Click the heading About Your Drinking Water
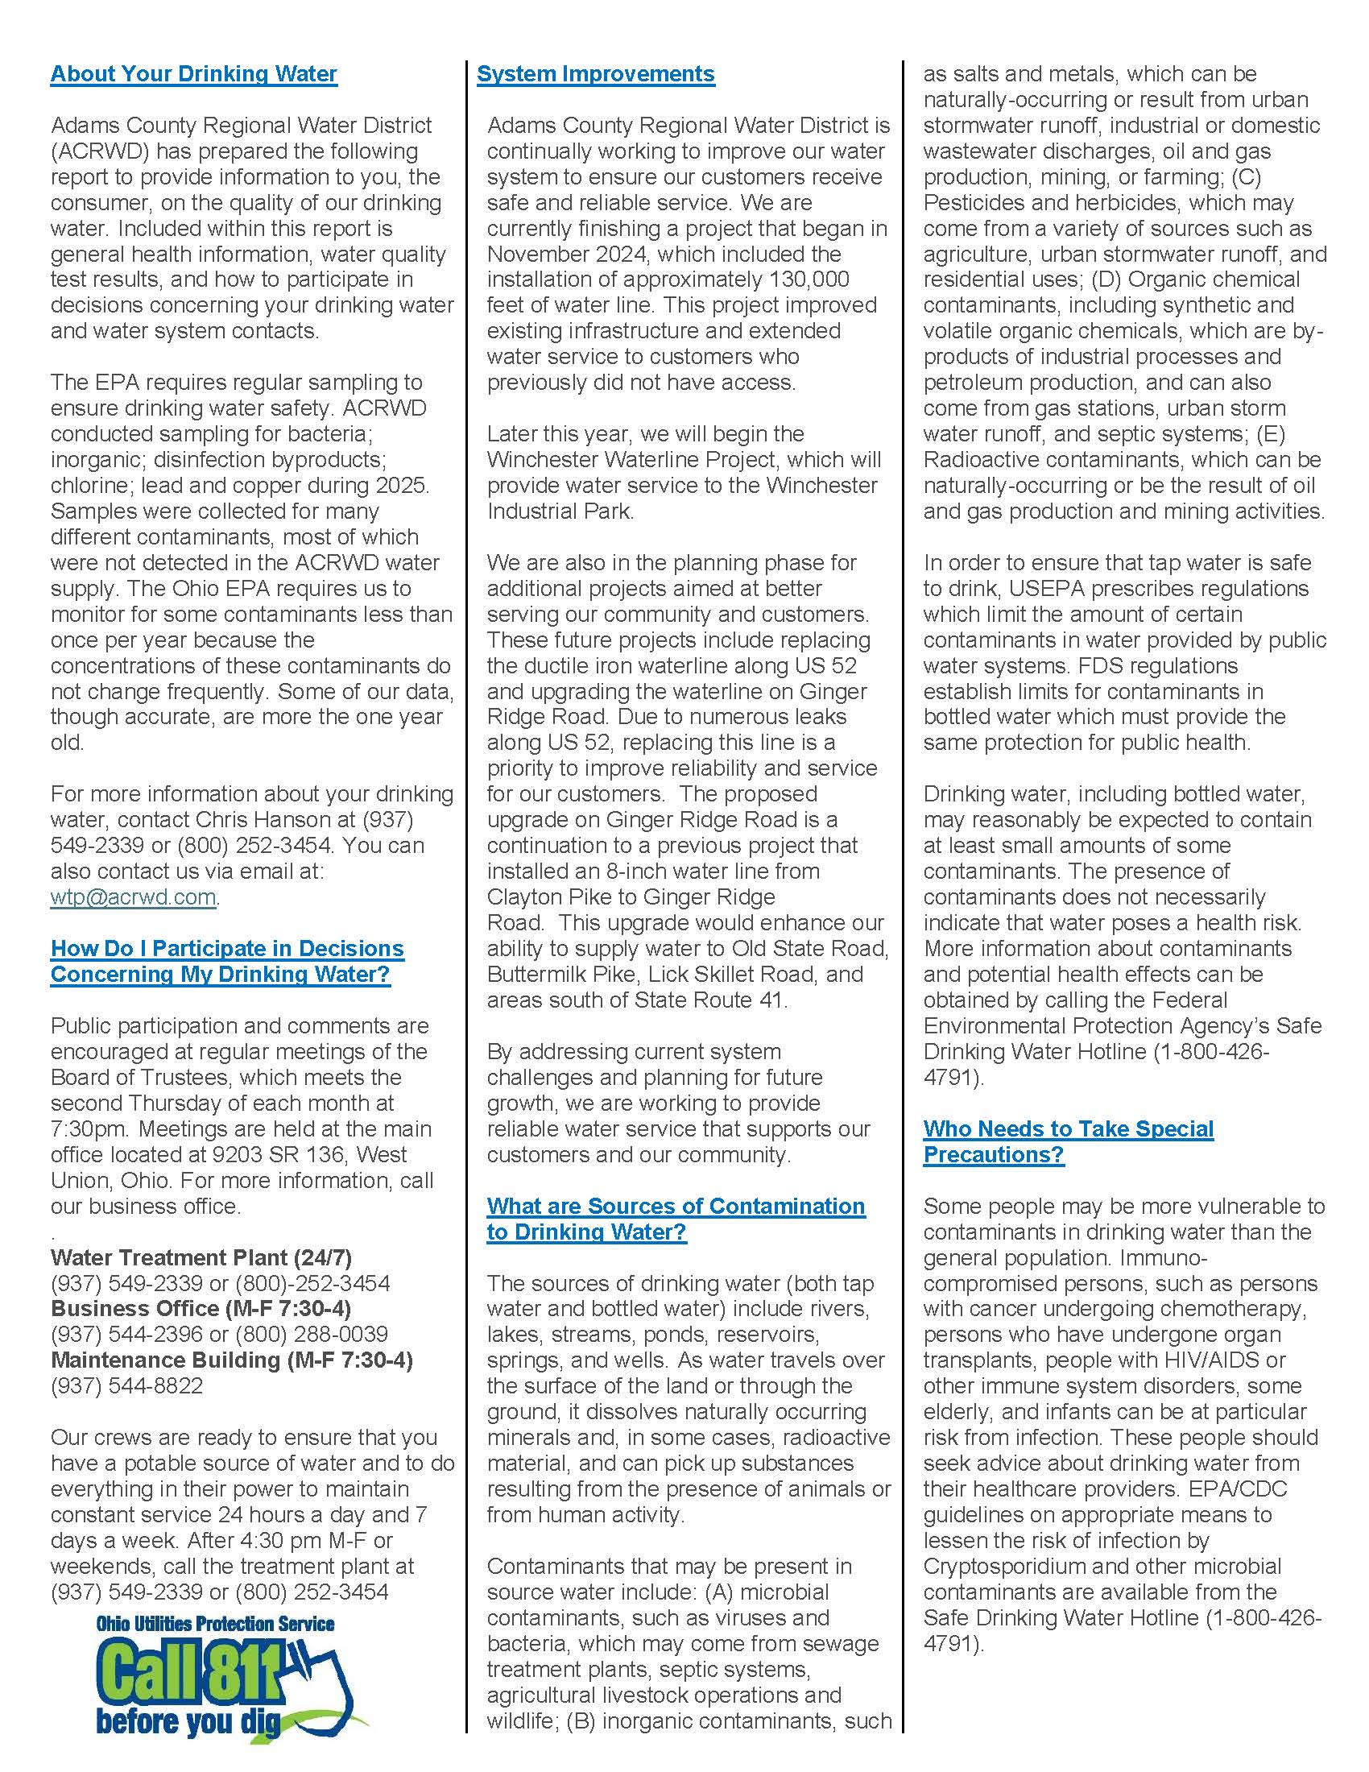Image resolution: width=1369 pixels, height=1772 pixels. [x=193, y=74]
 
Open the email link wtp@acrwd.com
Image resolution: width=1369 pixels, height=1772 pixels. [x=134, y=897]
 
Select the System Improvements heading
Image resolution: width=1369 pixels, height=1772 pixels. [x=595, y=74]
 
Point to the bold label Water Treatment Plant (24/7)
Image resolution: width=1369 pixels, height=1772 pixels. [x=201, y=1257]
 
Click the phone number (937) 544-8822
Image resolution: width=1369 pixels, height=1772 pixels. [x=126, y=1387]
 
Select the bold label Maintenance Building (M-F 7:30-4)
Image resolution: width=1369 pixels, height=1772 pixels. [x=232, y=1360]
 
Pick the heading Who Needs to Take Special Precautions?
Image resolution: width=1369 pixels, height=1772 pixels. [x=1067, y=1141]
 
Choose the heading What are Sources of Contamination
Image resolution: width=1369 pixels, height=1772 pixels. [x=676, y=1207]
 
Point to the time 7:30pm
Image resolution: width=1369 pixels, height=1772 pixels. [x=80, y=1129]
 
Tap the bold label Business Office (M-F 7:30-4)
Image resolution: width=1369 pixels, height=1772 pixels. [x=201, y=1309]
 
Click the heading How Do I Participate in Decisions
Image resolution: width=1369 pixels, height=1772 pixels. [x=227, y=949]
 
